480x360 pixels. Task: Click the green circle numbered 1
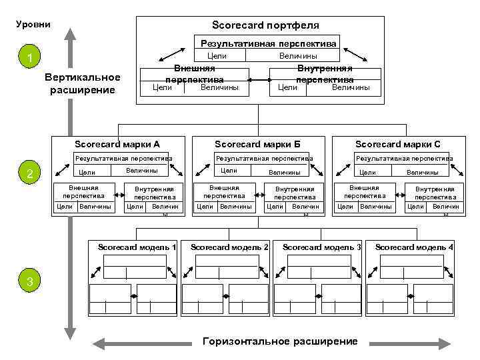point(30,59)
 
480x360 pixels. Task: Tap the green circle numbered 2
point(30,175)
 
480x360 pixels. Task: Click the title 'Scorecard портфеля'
point(265,25)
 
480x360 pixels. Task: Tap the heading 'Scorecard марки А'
point(117,144)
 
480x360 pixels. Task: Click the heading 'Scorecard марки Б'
point(257,144)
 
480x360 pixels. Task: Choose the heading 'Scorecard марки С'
point(397,144)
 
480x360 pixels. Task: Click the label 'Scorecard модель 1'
point(137,247)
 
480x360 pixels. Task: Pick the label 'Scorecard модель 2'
point(229,247)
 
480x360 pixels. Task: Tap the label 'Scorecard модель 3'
point(322,247)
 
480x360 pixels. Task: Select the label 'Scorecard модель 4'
point(414,247)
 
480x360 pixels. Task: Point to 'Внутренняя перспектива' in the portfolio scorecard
point(324,74)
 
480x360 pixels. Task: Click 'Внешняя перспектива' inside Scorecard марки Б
point(223,192)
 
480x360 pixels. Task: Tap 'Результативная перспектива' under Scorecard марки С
point(404,159)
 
